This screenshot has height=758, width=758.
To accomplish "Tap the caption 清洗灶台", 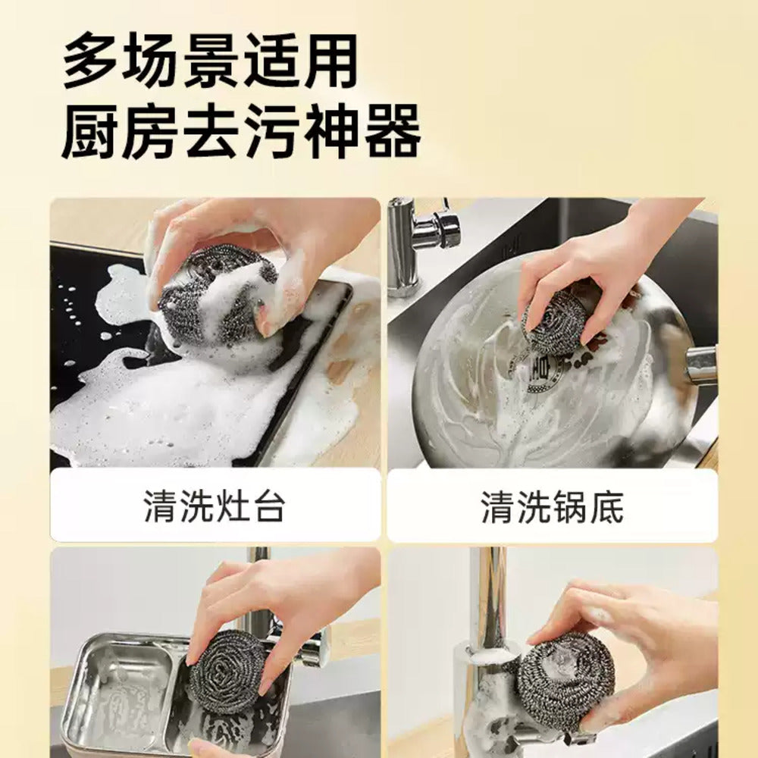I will (215, 506).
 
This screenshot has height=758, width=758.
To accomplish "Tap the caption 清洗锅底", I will (552, 506).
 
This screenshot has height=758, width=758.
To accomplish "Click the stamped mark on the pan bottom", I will (542, 371).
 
